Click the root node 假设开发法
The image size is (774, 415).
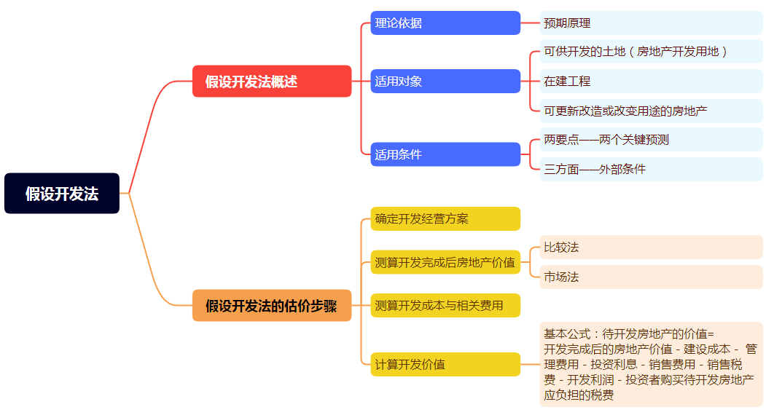pos(62,194)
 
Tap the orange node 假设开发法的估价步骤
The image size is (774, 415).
pos(272,306)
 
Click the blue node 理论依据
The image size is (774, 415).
pos(445,23)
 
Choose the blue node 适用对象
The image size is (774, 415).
pos(445,81)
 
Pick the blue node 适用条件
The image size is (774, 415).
pos(445,154)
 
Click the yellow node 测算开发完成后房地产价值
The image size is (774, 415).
pos(445,262)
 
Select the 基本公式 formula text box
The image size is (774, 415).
pos(651,364)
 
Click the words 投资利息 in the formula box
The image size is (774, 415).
pos(614,364)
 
